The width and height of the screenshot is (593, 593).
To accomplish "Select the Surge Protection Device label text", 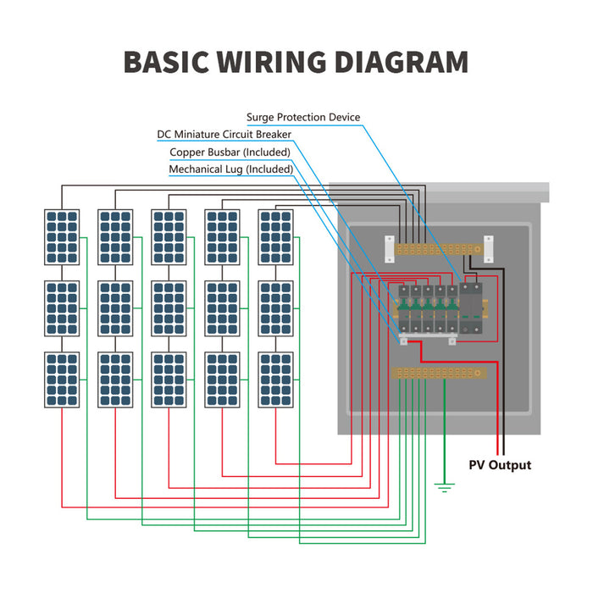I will pyautogui.click(x=303, y=117).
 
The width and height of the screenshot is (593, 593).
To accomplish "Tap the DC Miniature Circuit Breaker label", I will pyautogui.click(x=224, y=135).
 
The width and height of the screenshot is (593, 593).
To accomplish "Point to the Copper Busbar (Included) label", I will pyautogui.click(x=230, y=152).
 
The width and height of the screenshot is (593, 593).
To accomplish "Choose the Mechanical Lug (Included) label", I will pyautogui.click(x=231, y=169).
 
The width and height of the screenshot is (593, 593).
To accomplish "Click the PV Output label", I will pyautogui.click(x=500, y=465).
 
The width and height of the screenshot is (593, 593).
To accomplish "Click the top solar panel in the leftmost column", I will pyautogui.click(x=62, y=238).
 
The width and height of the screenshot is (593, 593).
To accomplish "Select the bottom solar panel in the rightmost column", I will pyautogui.click(x=274, y=380).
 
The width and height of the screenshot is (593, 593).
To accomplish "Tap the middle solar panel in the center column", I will pyautogui.click(x=169, y=309).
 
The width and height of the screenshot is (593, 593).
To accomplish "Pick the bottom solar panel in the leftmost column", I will pyautogui.click(x=62, y=380).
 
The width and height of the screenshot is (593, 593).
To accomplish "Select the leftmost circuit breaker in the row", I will pyautogui.click(x=406, y=309).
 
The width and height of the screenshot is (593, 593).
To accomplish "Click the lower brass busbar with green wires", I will pyautogui.click(x=440, y=372).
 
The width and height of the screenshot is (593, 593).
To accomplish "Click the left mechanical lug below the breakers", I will pyautogui.click(x=405, y=342).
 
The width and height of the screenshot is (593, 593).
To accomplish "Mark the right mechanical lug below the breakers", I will pyautogui.click(x=452, y=342).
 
